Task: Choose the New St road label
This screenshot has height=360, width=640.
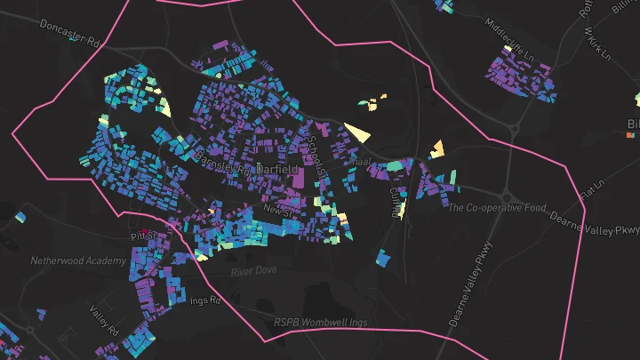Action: click(277, 209)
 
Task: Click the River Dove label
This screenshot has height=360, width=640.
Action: click(254, 270)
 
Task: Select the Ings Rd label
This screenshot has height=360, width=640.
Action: click(204, 301)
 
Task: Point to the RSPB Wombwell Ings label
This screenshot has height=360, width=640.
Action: click(319, 322)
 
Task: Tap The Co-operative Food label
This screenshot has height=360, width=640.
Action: click(496, 208)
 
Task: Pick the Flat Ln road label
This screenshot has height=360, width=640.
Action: click(590, 191)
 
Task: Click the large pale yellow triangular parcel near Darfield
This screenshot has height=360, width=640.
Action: click(358, 133)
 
